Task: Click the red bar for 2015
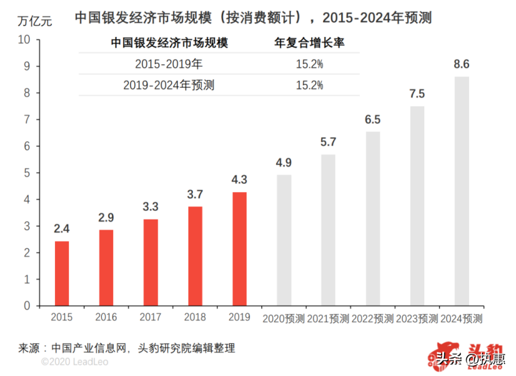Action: (62, 273)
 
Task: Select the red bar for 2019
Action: (239, 248)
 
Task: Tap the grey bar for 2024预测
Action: (462, 191)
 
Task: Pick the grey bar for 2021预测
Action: (328, 230)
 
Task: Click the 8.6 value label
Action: (462, 65)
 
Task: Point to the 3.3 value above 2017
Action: (151, 207)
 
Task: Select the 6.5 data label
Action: (373, 120)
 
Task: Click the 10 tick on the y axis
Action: (24, 40)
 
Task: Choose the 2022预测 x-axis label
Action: (373, 318)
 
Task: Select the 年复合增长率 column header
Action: (310, 44)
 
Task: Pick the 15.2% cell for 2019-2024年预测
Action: (310, 85)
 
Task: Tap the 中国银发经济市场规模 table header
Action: (169, 44)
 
